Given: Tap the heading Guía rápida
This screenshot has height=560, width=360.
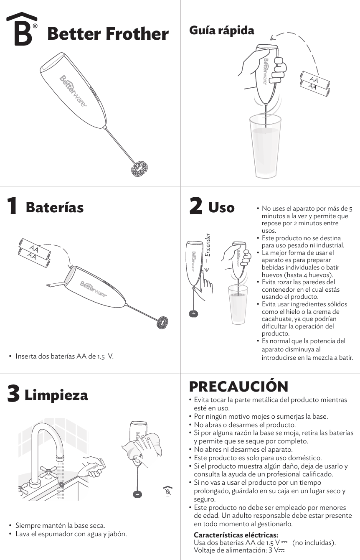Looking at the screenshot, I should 221,31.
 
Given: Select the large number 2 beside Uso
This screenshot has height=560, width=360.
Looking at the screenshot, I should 195,207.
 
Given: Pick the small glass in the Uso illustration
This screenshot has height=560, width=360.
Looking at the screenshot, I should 238,301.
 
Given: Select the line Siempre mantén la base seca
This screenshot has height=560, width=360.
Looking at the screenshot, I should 60,525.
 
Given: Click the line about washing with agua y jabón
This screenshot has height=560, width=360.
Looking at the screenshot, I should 71,534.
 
